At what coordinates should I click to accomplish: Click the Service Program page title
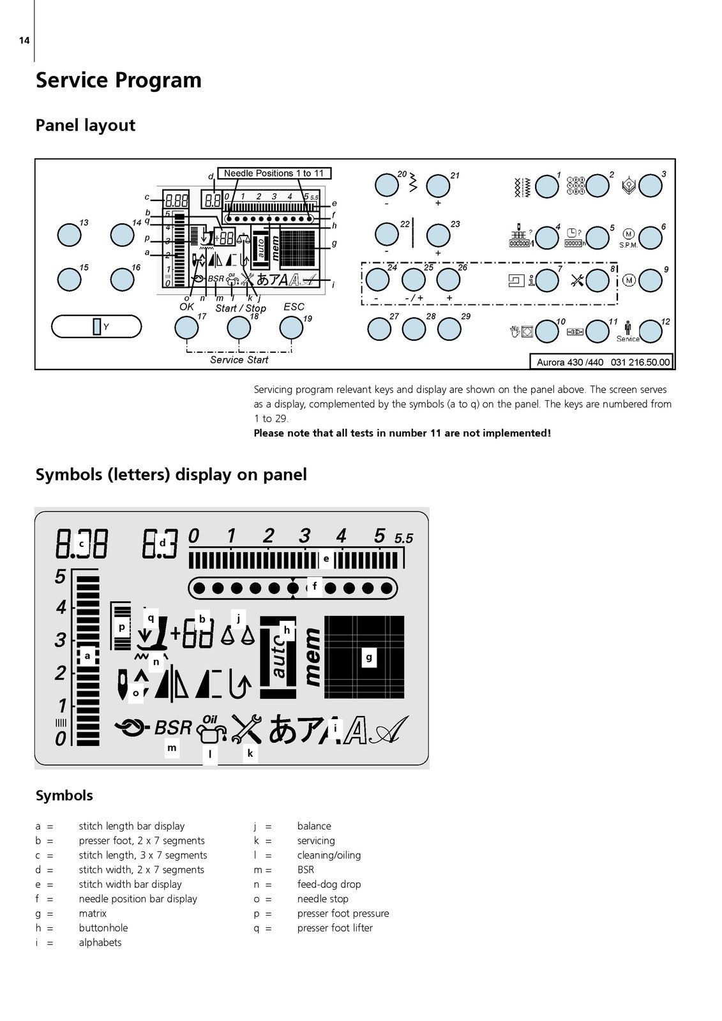[x=119, y=80]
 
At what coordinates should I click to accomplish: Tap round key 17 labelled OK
[x=186, y=328]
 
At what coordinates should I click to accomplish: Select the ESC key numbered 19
[x=291, y=328]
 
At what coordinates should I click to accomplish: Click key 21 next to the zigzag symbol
[x=438, y=186]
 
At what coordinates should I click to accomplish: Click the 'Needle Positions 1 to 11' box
[x=274, y=173]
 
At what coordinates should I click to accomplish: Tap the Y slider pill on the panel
[x=96, y=327]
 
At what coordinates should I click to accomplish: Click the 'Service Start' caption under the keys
[x=239, y=360]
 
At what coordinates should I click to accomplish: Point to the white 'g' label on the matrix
[x=368, y=657]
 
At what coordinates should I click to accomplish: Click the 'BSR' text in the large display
[x=173, y=727]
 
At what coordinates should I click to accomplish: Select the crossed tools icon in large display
[x=246, y=728]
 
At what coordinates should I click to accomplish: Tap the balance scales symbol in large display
[x=238, y=634]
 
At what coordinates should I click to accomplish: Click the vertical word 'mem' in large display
[x=312, y=657]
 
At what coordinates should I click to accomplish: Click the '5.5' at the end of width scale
[x=403, y=539]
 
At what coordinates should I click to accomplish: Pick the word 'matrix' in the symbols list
[x=93, y=913]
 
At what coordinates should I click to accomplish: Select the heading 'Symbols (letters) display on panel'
[x=171, y=475]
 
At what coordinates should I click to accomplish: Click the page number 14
[x=24, y=41]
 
